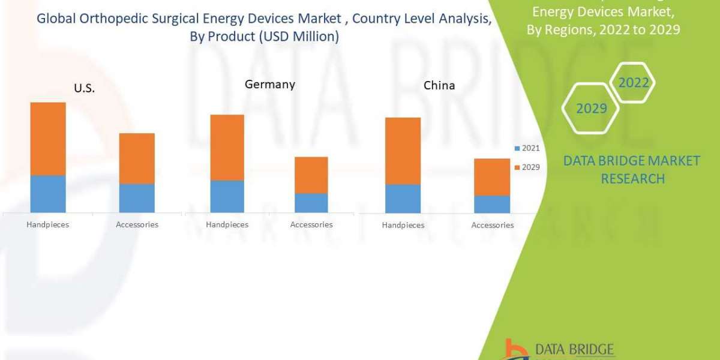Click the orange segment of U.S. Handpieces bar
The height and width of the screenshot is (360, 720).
[48, 139]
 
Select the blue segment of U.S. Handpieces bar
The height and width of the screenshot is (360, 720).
[48, 194]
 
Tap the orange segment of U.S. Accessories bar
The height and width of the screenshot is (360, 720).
[137, 158]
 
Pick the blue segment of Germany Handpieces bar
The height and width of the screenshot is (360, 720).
[227, 196]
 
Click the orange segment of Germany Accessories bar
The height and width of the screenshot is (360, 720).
[311, 175]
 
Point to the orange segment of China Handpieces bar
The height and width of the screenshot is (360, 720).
[403, 151]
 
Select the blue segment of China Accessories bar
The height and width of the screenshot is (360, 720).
[492, 204]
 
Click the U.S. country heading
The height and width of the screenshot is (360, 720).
[85, 88]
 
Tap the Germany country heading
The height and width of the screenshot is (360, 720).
[269, 85]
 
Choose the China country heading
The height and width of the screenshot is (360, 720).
[439, 85]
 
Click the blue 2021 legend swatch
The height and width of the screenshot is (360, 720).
[517, 148]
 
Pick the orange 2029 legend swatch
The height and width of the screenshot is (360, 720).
[517, 167]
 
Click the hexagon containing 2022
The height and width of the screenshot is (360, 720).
[633, 83]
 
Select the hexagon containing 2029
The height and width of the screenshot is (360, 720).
[591, 109]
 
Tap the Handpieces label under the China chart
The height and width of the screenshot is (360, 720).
[403, 225]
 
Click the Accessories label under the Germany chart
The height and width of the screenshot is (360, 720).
[311, 224]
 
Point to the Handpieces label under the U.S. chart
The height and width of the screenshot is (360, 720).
[48, 224]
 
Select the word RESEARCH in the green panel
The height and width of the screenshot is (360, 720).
[632, 179]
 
